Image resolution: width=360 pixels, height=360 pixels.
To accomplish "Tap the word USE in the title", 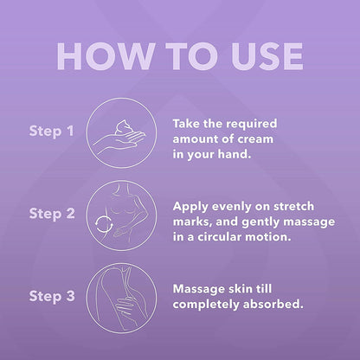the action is tap(267, 56).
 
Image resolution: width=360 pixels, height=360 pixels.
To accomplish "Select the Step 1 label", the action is tap(51, 132).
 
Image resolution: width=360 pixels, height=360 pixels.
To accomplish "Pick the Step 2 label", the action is tap(52, 215).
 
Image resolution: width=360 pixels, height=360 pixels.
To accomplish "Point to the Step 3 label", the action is tap(52, 297).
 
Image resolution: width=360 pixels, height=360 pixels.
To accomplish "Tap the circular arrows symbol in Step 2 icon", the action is tap(104, 224).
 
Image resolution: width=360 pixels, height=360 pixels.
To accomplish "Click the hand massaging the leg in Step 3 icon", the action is tap(126, 306).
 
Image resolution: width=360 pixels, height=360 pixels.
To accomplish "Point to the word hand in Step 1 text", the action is tap(235, 154).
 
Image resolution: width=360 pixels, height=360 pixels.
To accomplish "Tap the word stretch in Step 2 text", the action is tap(293, 207).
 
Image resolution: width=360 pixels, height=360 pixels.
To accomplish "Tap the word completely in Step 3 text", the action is tap(206, 305).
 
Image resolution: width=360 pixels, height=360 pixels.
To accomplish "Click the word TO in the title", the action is tap(192, 56).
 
